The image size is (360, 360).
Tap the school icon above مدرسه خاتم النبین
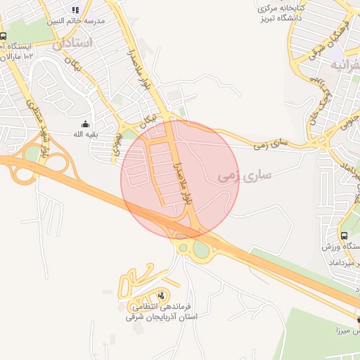(75, 10)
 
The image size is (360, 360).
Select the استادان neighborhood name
(72, 42)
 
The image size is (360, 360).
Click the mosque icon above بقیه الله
(85, 124)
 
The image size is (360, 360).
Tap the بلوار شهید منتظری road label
(37, 123)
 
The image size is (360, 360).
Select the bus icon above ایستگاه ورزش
(344, 236)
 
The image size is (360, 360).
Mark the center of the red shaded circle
(181, 179)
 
